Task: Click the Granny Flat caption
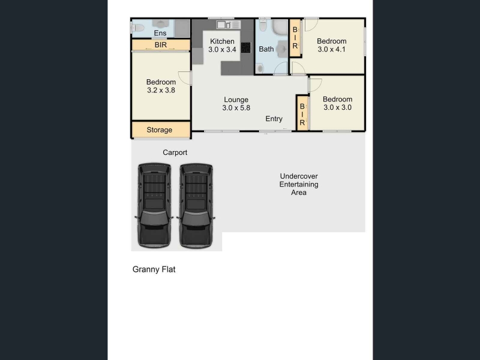click(x=154, y=269)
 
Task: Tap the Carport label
click(x=175, y=152)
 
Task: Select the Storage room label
click(x=159, y=130)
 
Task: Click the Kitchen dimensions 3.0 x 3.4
click(x=222, y=50)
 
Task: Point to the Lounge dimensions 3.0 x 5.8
click(x=236, y=108)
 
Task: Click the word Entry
click(x=274, y=119)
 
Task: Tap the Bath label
click(x=266, y=49)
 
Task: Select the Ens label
click(x=160, y=33)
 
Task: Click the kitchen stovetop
click(x=245, y=47)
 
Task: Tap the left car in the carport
click(x=154, y=205)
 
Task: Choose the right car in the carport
click(x=196, y=205)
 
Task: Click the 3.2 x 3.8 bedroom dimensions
click(x=161, y=91)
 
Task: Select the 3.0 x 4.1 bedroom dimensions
click(x=332, y=49)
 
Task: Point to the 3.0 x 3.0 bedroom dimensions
click(x=337, y=107)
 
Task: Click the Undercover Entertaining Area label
click(x=299, y=184)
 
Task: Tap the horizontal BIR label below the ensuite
click(x=161, y=44)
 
